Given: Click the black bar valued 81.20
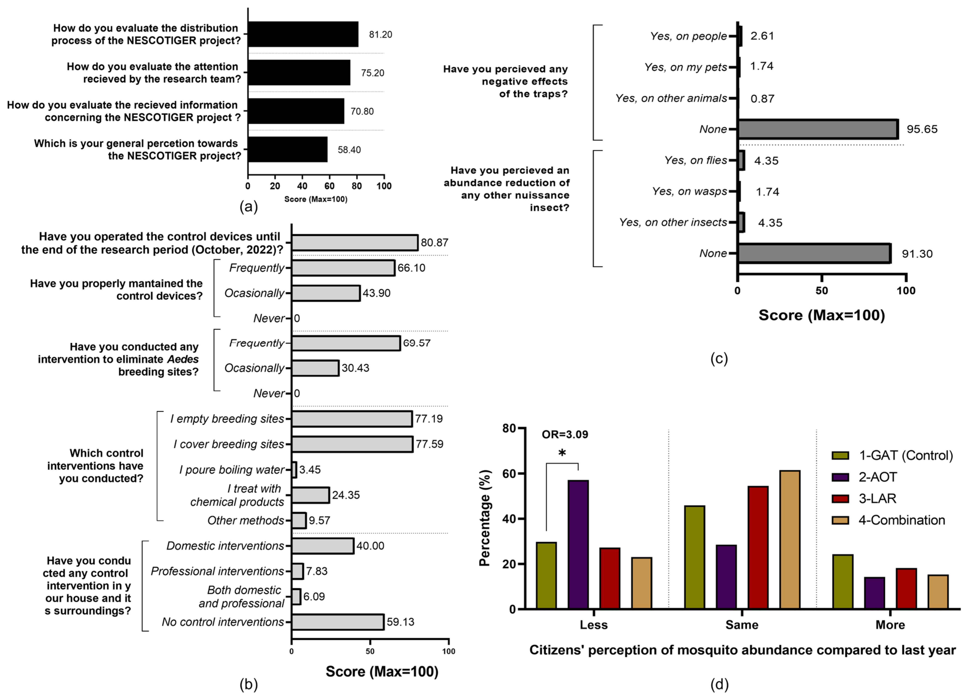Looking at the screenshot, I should [x=303, y=35].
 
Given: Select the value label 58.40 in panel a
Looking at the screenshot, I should [x=349, y=150].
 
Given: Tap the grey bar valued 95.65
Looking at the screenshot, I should [x=818, y=129].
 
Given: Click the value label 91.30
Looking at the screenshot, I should [x=917, y=254].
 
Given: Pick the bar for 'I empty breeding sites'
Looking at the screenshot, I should [x=352, y=419].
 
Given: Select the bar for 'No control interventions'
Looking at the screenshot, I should [x=338, y=622].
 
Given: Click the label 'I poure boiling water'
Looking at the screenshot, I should [x=231, y=470].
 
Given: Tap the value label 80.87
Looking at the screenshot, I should [x=434, y=243].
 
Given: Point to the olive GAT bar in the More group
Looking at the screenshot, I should [x=843, y=582].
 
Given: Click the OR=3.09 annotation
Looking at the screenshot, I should [x=565, y=434].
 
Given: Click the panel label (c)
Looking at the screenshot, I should [x=719, y=358].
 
